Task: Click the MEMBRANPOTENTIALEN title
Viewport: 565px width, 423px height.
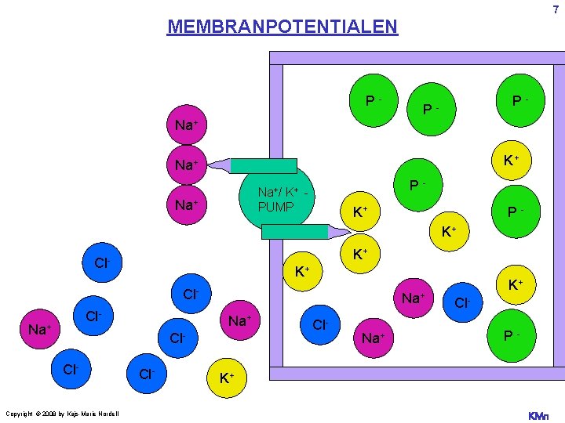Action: (282, 27)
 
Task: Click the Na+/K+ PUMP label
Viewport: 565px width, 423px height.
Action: (279, 199)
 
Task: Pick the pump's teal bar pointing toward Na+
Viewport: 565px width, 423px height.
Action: (264, 165)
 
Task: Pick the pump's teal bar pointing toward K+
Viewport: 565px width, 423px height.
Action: (294, 230)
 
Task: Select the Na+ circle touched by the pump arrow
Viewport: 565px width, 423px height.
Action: (187, 165)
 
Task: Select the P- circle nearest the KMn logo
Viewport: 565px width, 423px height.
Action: (509, 336)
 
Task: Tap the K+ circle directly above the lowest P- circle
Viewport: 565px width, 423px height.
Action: (516, 285)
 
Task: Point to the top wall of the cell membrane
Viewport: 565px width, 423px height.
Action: (417, 57)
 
